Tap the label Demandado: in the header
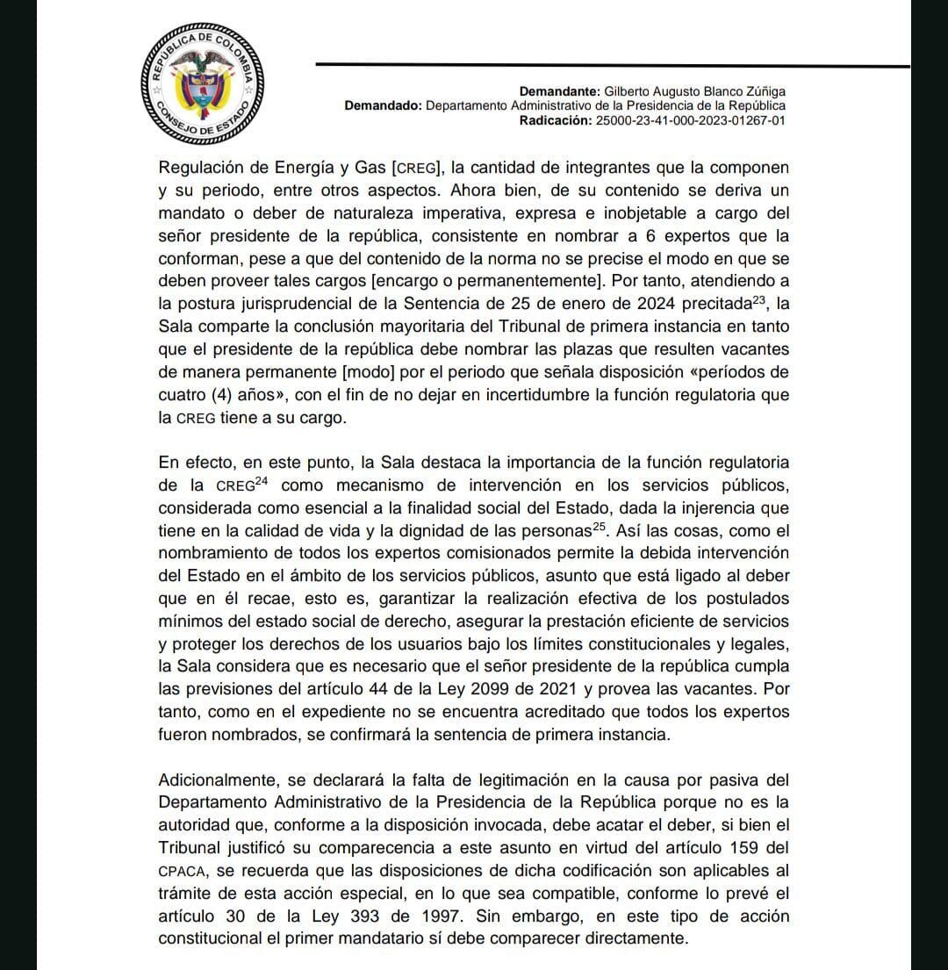(x=384, y=105)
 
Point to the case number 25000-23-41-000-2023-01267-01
(x=690, y=119)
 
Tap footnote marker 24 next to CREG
(x=261, y=481)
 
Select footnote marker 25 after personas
(x=599, y=527)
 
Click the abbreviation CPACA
(x=181, y=872)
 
